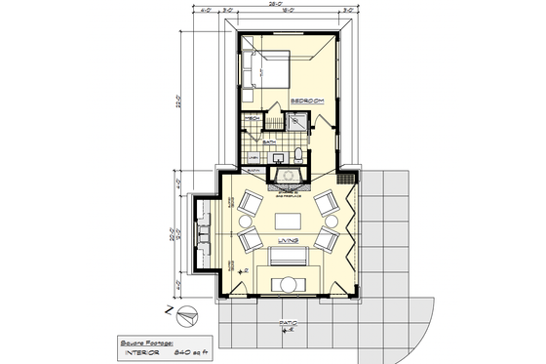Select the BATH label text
click(268, 142)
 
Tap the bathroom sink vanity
click(279, 157)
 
